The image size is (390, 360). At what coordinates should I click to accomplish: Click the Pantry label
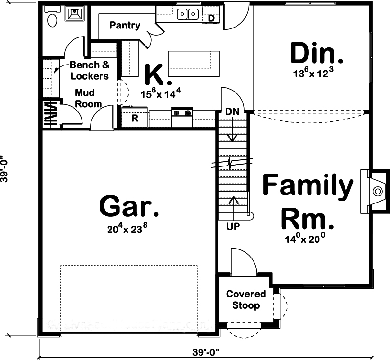(125, 25)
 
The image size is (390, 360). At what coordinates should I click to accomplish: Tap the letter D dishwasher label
(211, 18)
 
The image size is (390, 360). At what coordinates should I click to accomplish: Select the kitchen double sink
(188, 15)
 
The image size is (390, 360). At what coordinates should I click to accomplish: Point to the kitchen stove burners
(182, 113)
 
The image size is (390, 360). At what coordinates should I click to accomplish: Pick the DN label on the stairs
(232, 112)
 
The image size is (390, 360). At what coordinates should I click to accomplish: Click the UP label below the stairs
(233, 226)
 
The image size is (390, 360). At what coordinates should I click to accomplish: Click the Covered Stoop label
(245, 300)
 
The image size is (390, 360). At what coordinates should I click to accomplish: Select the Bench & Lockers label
(89, 70)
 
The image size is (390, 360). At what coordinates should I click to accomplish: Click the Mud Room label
(88, 98)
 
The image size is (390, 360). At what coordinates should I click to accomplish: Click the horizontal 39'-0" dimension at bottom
(206, 352)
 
